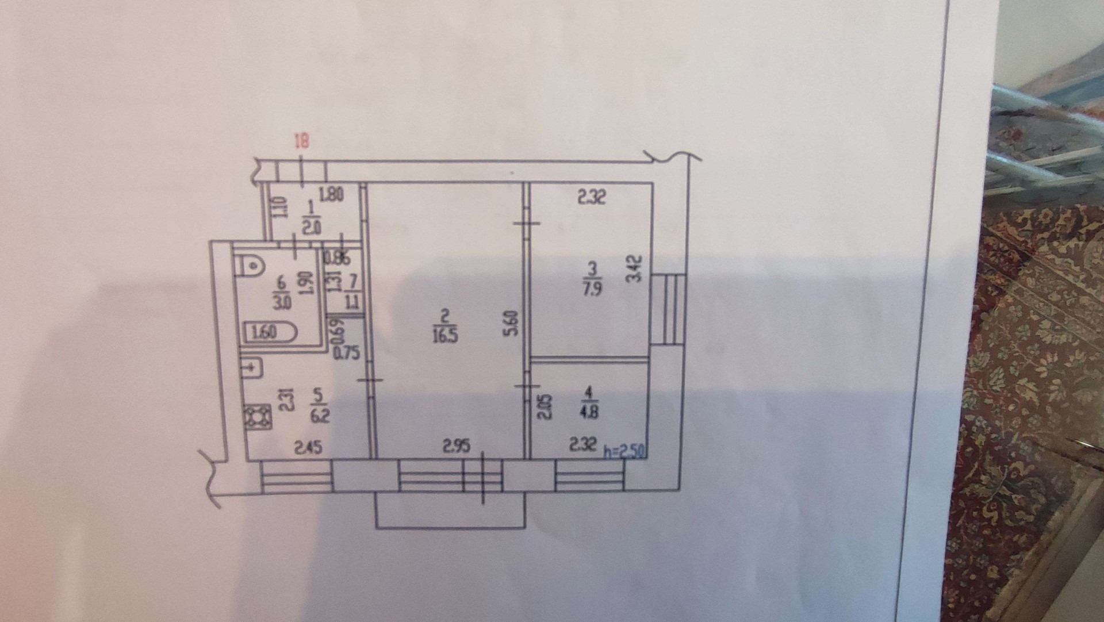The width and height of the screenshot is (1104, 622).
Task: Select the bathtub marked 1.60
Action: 270,332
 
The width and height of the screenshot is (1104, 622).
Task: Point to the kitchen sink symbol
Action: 254,367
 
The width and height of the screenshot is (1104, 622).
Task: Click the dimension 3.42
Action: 634,268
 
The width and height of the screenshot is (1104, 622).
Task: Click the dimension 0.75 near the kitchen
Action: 346,352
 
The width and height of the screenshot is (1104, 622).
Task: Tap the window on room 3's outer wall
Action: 669,309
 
